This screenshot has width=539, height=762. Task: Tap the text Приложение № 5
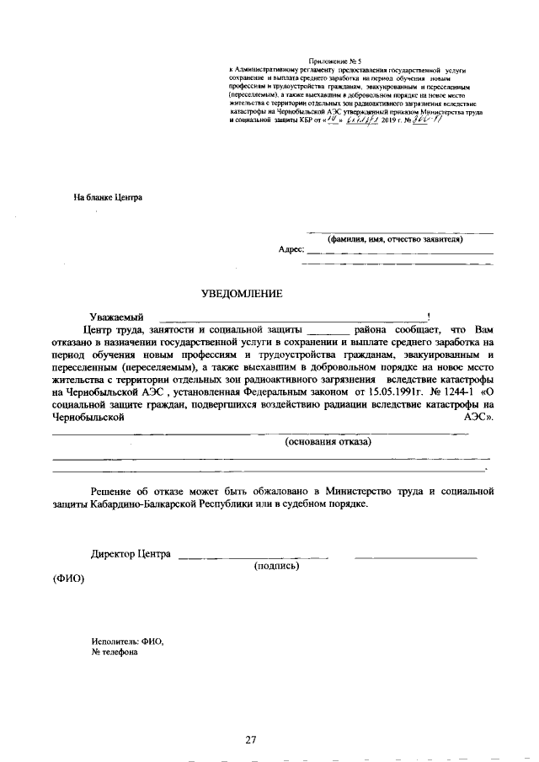click(x=334, y=62)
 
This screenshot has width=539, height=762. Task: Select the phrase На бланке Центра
click(x=108, y=198)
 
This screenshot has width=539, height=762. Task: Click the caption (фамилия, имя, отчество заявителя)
click(x=396, y=239)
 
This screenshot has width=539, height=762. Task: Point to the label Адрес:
click(x=291, y=250)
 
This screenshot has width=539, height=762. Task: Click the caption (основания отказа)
click(x=328, y=442)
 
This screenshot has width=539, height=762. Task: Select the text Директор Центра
click(x=131, y=554)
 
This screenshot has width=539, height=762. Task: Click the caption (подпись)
click(x=277, y=566)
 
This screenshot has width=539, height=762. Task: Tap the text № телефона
click(x=114, y=653)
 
